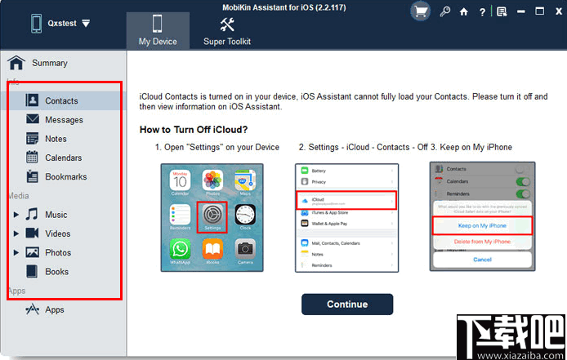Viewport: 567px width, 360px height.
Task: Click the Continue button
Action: coord(346,304)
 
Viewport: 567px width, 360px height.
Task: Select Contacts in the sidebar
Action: coord(61,100)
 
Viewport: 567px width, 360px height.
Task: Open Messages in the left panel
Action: coord(64,120)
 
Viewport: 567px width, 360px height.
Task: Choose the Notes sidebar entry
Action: coord(56,139)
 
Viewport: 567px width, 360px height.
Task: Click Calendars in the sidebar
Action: coord(63,158)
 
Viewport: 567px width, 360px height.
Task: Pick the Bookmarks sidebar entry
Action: coord(65,176)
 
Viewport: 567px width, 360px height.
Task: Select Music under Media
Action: coord(56,215)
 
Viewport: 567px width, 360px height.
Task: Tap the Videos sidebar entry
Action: coord(57,233)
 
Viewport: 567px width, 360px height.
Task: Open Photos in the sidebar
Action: coord(58,252)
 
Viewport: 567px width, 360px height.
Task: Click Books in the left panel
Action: coord(56,271)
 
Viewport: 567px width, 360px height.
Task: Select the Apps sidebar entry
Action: coord(54,309)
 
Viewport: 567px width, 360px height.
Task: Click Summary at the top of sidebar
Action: coord(49,63)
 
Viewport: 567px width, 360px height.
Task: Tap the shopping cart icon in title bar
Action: coord(421,11)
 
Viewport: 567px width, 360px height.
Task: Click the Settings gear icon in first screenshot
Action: coord(212,215)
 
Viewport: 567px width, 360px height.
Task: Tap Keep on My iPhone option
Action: coord(482,224)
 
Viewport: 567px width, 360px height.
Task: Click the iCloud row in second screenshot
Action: coord(347,199)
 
